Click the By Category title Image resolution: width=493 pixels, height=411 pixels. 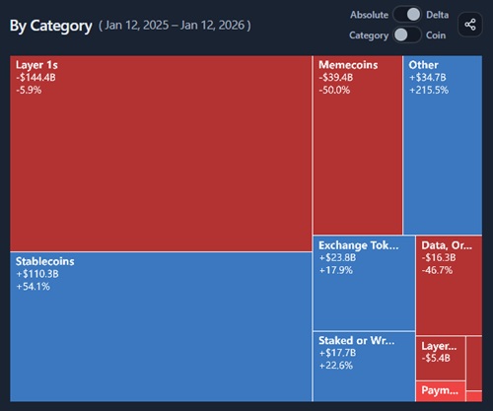(x=49, y=25)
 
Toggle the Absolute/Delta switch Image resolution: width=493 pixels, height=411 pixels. (x=406, y=14)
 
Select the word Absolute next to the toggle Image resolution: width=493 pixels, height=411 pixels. (x=369, y=14)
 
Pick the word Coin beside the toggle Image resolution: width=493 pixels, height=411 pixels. (x=436, y=34)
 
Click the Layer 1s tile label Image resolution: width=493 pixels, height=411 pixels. (x=37, y=64)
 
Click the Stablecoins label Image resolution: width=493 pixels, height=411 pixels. (x=45, y=261)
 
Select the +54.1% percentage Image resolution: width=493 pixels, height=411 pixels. (x=34, y=287)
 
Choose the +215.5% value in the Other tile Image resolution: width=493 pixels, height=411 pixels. (x=428, y=90)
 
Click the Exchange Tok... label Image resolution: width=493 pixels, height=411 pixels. (x=359, y=244)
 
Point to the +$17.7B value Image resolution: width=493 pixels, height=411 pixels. (x=337, y=353)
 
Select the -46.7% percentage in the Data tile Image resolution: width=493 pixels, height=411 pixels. (x=437, y=269)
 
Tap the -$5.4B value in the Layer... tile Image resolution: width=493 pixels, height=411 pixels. (x=436, y=358)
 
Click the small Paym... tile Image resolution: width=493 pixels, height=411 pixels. (x=440, y=391)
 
